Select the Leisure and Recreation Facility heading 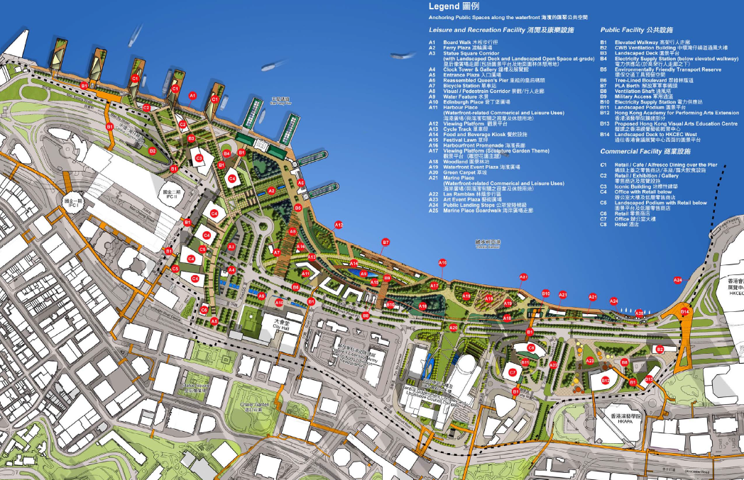(x=475, y=30)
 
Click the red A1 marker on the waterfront (x=192, y=95)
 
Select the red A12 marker (x=339, y=225)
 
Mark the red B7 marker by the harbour (x=385, y=242)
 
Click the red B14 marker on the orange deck (x=684, y=312)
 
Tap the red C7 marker (x=512, y=372)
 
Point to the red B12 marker (x=605, y=381)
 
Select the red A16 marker (x=442, y=263)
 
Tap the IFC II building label (x=169, y=193)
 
